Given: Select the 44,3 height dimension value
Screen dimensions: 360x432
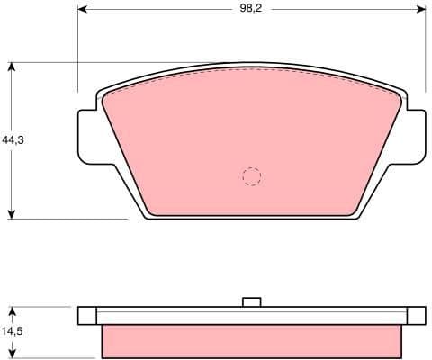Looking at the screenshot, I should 12,140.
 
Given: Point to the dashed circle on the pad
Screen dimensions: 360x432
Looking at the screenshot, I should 252,176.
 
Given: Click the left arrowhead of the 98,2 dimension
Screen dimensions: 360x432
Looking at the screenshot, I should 84,9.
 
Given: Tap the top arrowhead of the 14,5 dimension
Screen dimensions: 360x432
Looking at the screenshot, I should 12,310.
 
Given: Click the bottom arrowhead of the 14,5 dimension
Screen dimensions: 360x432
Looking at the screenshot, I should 12,354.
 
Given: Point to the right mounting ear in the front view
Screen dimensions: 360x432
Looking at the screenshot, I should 415,137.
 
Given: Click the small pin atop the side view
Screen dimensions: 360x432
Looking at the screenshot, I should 252,302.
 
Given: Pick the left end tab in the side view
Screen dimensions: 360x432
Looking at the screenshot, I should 86,315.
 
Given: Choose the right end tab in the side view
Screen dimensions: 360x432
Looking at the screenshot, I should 417,315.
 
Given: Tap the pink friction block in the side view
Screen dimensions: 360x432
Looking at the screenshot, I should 252,340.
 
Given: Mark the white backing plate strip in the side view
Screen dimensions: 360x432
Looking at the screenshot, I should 252,315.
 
